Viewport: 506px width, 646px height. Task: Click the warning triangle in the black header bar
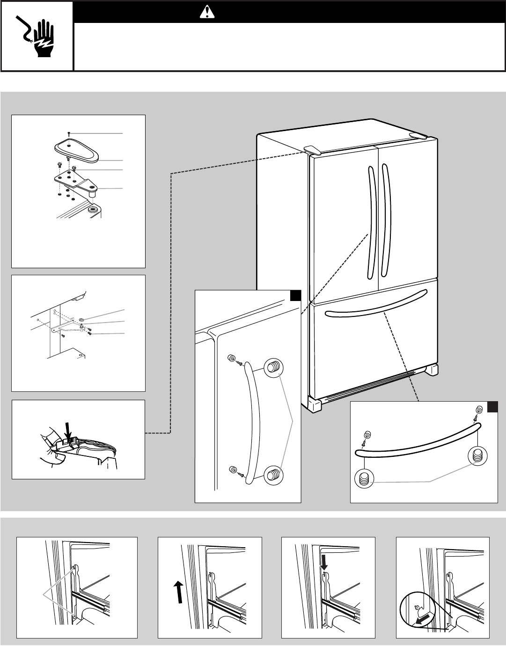coord(206,12)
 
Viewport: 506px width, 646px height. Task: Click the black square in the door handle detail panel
coord(295,295)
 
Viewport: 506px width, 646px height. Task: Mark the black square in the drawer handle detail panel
coord(492,407)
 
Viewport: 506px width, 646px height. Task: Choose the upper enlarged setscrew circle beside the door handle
coord(273,368)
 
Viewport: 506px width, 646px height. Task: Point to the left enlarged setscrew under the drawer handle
coord(365,478)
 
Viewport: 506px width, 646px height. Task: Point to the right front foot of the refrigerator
coord(431,369)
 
